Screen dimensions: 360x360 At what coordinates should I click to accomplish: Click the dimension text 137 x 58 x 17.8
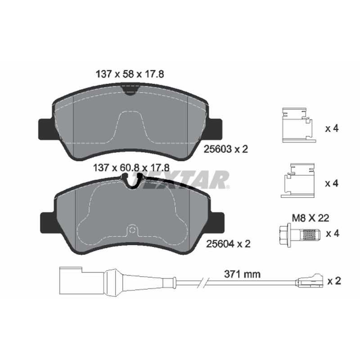click(130, 74)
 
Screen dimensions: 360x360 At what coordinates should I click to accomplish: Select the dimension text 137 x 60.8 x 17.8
click(131, 168)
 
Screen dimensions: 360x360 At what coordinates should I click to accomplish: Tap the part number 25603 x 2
click(226, 149)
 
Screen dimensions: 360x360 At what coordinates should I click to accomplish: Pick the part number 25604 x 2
click(228, 244)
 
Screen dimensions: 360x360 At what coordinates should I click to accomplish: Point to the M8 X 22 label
click(310, 218)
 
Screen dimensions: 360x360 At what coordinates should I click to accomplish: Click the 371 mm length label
click(242, 274)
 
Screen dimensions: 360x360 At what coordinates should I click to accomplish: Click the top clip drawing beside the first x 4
click(299, 125)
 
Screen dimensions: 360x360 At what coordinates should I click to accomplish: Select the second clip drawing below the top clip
click(298, 180)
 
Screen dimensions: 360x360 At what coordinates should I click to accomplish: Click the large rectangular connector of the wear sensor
click(71, 280)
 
